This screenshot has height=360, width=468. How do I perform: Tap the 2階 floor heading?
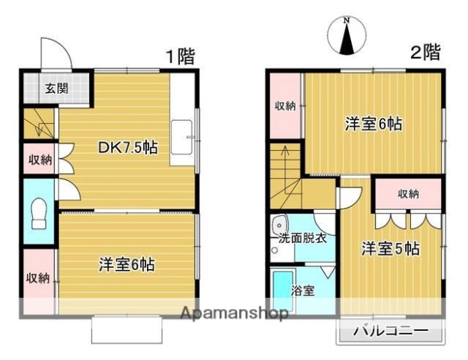pos(425,52)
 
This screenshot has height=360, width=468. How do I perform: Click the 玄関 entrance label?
pos(56,88)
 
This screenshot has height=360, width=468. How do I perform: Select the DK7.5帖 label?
pos(128,148)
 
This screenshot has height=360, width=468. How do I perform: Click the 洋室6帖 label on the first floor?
pos(127,264)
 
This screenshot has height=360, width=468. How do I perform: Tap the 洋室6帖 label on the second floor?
pos(373,124)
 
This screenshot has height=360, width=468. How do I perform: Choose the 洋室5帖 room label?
pos(389,247)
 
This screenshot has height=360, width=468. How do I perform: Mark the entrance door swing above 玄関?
pos(55,54)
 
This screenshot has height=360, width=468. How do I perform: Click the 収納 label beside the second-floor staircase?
pos(285,106)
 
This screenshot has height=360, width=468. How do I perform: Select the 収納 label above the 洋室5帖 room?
pos(408,194)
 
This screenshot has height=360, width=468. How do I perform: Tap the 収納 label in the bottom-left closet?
pos(37,278)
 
